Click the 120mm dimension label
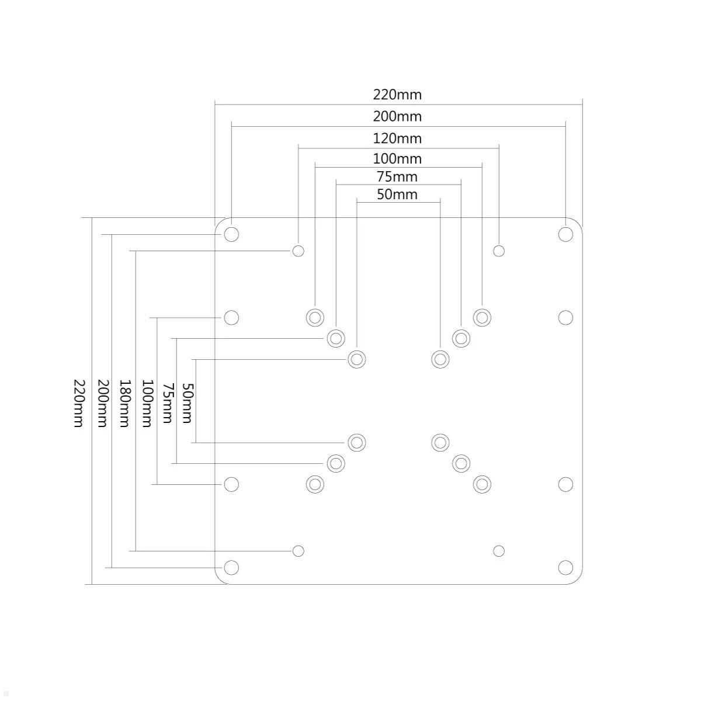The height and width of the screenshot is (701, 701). pyautogui.click(x=397, y=138)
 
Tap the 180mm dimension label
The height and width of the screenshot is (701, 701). pyautogui.click(x=124, y=403)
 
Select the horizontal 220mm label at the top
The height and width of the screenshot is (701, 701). pyautogui.click(x=397, y=95)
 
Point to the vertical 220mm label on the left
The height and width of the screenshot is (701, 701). pyautogui.click(x=79, y=403)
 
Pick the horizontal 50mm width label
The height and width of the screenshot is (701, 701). pyautogui.click(x=397, y=195)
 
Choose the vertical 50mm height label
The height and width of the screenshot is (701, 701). pyautogui.click(x=187, y=403)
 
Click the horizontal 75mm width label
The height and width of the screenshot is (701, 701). pyautogui.click(x=397, y=176)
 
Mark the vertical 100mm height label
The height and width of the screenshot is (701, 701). pyautogui.click(x=147, y=403)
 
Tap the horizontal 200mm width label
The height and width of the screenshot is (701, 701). pyautogui.click(x=397, y=116)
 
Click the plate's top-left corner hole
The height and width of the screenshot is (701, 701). pyautogui.click(x=231, y=234)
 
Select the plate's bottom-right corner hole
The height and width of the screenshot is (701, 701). pyautogui.click(x=565, y=567)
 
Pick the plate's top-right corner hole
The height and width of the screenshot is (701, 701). pyautogui.click(x=565, y=234)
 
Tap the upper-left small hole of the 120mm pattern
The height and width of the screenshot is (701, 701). pyautogui.click(x=298, y=251)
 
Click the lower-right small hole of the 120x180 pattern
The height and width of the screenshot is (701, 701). pyautogui.click(x=499, y=551)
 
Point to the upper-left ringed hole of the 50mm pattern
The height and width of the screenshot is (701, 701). pyautogui.click(x=356, y=359)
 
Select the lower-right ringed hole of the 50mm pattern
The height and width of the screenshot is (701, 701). pyautogui.click(x=440, y=442)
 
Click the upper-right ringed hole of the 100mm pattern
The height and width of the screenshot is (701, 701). pyautogui.click(x=482, y=318)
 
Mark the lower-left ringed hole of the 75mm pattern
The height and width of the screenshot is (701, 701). pyautogui.click(x=335, y=463)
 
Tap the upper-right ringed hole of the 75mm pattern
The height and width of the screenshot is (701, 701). pyautogui.click(x=461, y=338)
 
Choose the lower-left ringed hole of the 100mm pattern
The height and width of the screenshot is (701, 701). pyautogui.click(x=315, y=484)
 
